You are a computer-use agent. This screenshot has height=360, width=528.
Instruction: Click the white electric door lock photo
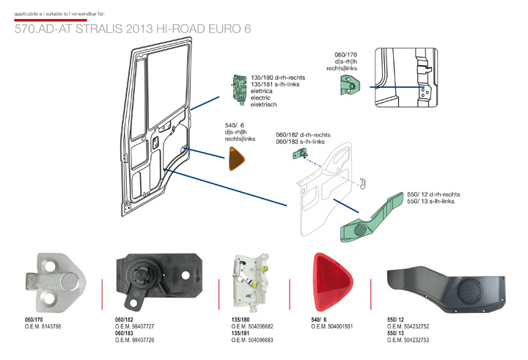(249, 282)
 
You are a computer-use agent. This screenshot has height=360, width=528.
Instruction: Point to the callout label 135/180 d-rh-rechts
(278, 77)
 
